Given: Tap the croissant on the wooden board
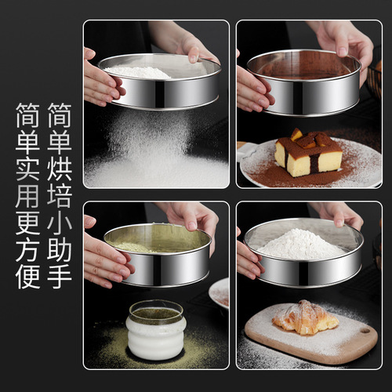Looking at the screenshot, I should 305,318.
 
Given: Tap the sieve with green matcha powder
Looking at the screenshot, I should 157,255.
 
